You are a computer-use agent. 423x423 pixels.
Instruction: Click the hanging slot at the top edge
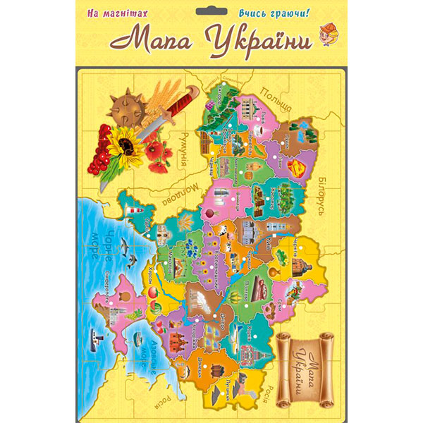[x=211, y=10]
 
